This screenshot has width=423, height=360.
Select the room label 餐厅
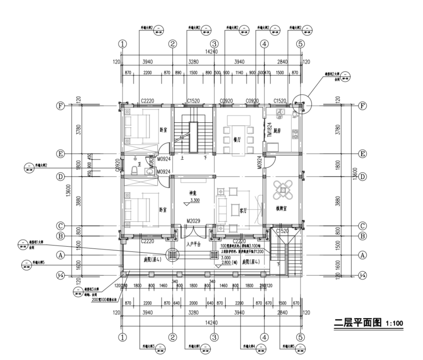[x=237, y=139]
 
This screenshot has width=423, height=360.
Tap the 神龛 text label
[x=192, y=192]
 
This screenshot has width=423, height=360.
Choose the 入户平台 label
[x=194, y=244]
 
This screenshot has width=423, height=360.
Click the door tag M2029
[x=193, y=221]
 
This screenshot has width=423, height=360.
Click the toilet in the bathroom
[x=135, y=169]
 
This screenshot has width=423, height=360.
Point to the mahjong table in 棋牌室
[x=283, y=191]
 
